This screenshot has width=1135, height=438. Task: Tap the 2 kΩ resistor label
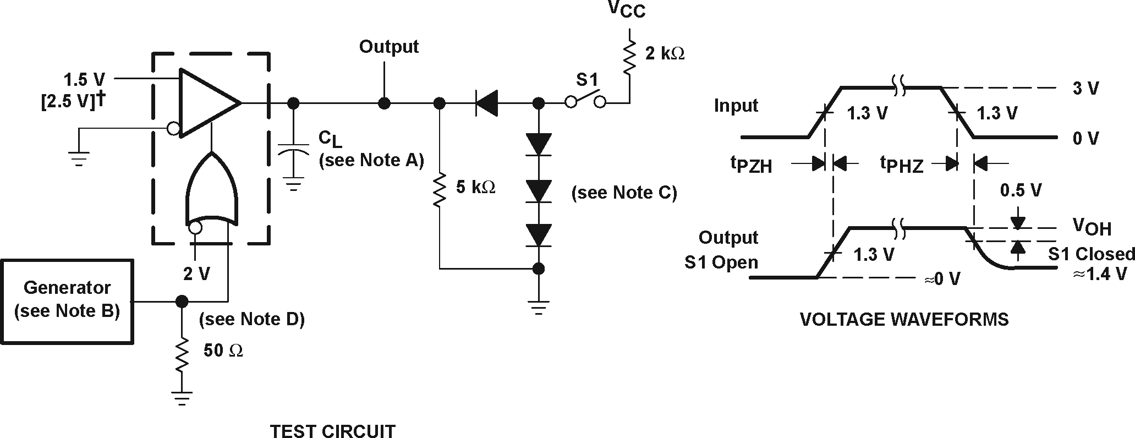point(665,54)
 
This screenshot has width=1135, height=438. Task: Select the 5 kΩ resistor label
point(475,187)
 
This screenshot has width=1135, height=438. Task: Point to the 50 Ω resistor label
point(223,351)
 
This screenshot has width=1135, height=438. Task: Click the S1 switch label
point(586,80)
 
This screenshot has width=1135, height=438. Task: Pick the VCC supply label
point(626,10)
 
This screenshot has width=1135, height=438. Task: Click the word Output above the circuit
point(388,47)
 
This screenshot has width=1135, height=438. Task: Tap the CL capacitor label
point(330,139)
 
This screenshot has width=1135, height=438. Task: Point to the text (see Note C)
point(624,193)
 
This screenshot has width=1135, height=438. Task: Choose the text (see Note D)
point(251,319)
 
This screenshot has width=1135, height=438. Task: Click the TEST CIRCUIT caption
point(332,430)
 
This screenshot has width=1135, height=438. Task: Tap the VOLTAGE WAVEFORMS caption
point(904,319)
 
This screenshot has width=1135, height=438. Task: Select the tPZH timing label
point(751,164)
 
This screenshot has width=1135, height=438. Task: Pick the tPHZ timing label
point(901,164)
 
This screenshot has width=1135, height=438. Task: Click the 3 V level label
point(1085,88)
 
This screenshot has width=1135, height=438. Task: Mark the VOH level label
point(1092,227)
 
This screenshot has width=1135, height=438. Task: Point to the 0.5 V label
point(1021,190)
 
